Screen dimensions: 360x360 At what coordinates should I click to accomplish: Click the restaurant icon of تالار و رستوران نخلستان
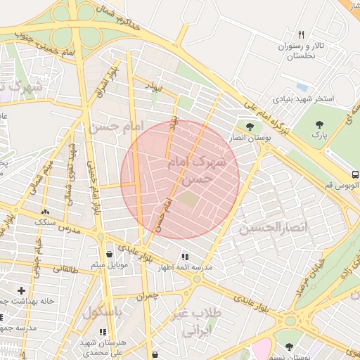[x=302, y=34]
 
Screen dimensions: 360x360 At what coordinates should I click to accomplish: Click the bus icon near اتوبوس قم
[x=355, y=174]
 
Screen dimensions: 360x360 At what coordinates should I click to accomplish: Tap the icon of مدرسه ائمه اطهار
[x=185, y=257]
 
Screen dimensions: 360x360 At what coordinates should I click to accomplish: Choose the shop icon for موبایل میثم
[x=109, y=255]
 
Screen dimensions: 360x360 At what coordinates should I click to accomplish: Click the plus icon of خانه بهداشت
[x=22, y=290]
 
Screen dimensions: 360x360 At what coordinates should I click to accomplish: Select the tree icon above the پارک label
[x=320, y=124]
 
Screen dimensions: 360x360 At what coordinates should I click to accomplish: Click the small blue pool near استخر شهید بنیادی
[x=302, y=86]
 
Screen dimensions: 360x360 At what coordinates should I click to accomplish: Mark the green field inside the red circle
[x=188, y=200]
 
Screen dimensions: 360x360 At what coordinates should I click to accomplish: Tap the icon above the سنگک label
[x=46, y=211]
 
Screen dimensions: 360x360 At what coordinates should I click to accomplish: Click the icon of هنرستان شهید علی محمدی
[x=103, y=332]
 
